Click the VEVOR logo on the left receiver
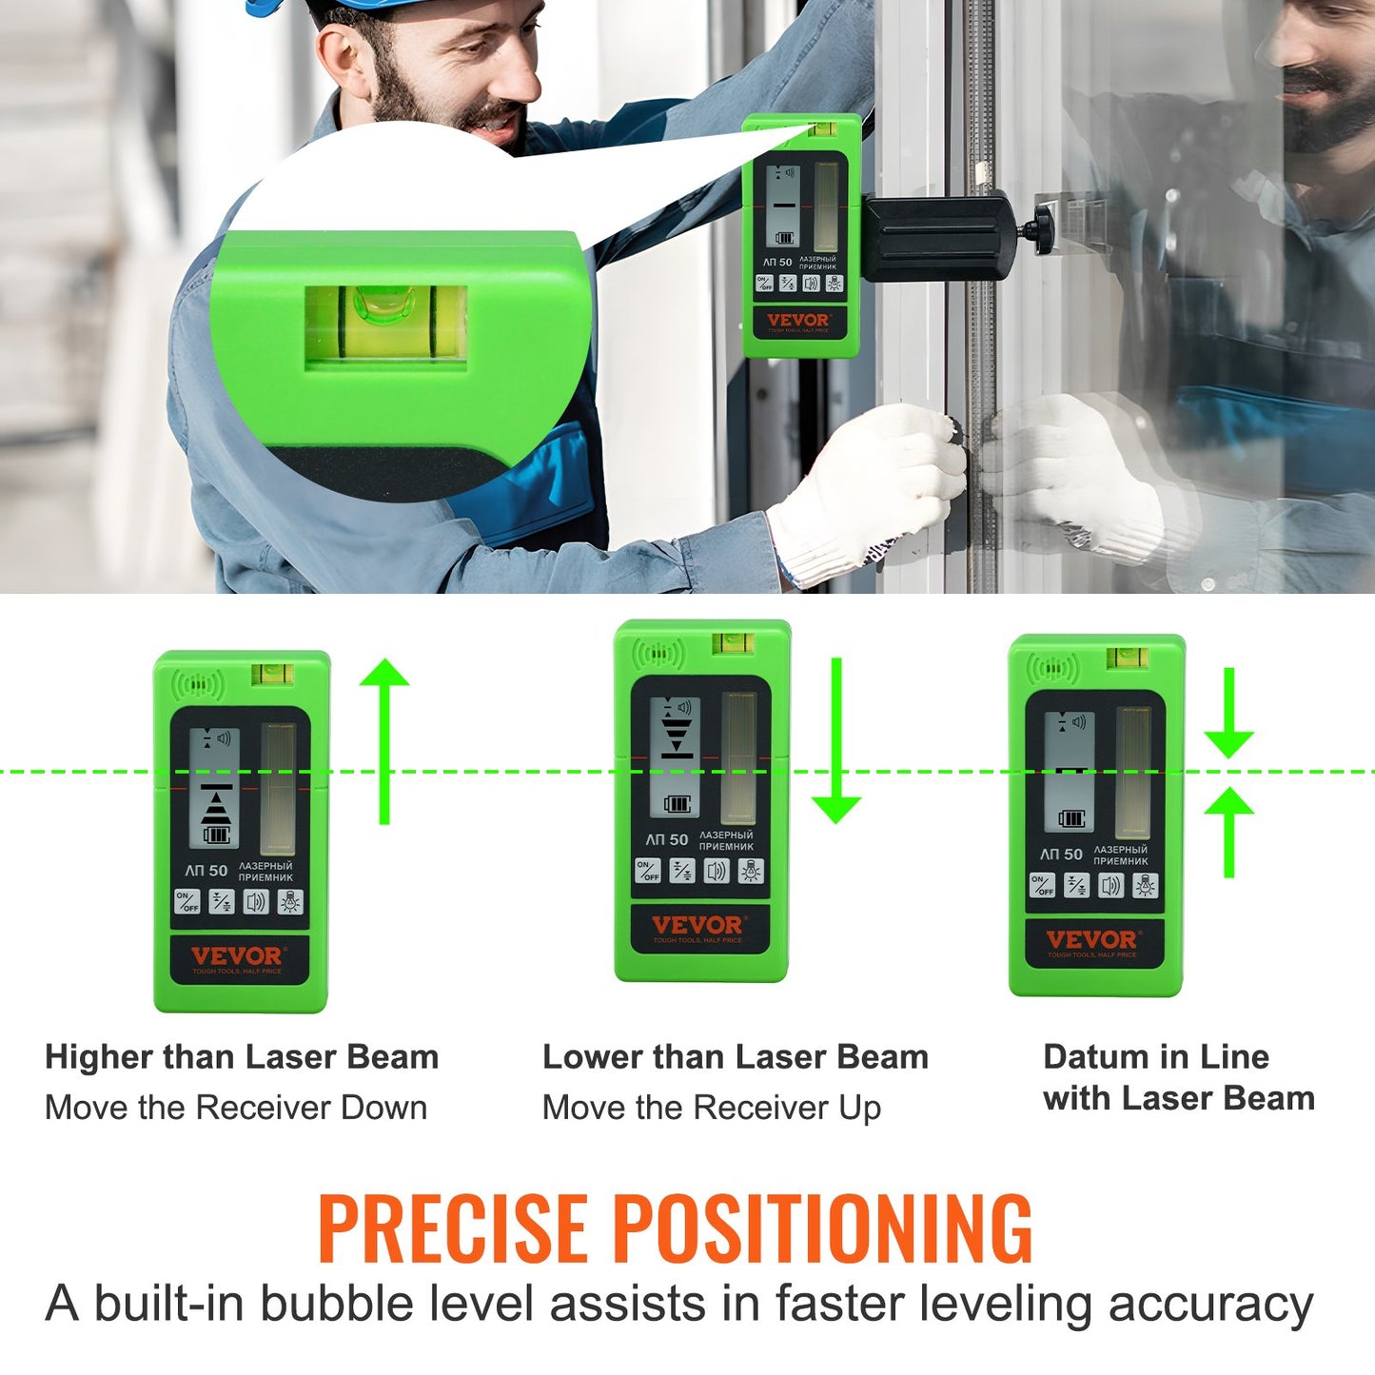(237, 956)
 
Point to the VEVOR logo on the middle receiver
(697, 926)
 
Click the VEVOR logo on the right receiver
(1091, 940)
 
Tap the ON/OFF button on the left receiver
(187, 902)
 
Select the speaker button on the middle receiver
(717, 871)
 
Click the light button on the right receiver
(1146, 886)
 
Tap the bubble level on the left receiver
(272, 675)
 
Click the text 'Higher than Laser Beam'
(242, 1057)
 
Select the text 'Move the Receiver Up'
(711, 1108)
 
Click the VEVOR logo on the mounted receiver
(797, 321)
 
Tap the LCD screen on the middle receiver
(677, 756)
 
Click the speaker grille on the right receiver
(1051, 667)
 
